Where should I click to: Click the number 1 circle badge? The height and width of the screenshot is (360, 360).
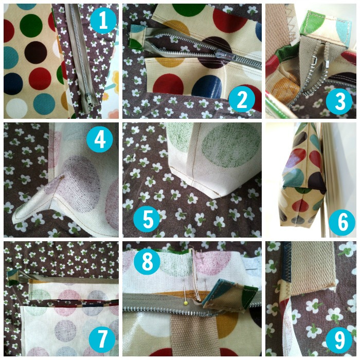[103, 21]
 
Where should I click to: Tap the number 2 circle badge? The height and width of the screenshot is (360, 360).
[242, 99]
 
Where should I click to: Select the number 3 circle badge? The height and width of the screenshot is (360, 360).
[339, 101]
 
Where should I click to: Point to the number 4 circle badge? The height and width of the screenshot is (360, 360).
[100, 139]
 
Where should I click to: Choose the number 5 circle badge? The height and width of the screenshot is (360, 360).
[147, 219]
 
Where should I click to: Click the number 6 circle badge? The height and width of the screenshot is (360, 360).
[342, 222]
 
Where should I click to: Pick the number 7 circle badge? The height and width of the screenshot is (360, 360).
[102, 339]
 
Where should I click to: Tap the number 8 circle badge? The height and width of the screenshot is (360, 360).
[147, 261]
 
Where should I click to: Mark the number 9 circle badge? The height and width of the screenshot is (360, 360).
[339, 339]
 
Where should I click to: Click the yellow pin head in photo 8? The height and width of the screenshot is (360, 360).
[186, 303]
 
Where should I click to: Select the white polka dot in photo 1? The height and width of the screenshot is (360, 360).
[16, 108]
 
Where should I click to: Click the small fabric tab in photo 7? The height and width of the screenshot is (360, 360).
[13, 277]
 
